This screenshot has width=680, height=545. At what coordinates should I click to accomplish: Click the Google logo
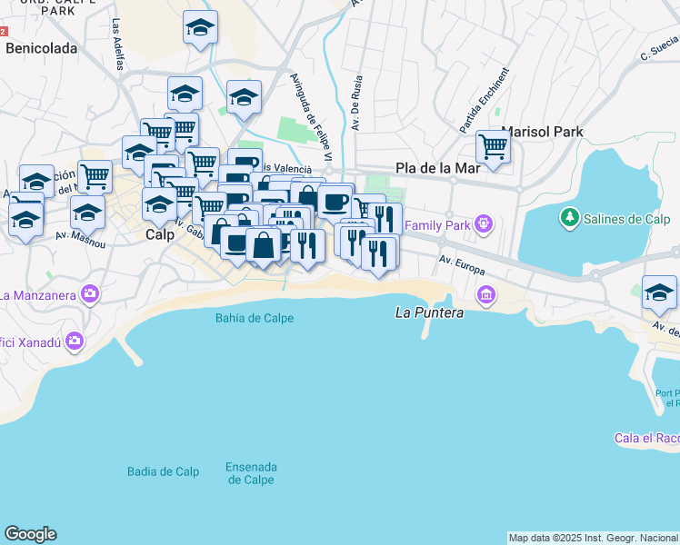coord(30,534)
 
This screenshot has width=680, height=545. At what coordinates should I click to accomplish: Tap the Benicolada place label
coord(41,49)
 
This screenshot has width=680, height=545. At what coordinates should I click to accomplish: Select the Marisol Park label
coord(542,132)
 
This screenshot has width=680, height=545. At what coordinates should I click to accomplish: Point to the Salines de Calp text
coord(627,219)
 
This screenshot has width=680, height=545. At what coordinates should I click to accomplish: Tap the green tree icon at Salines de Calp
coord(570,218)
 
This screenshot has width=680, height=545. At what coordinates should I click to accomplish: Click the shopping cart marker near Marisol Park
coord(493,145)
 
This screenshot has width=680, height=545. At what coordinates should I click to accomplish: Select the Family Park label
coord(437,224)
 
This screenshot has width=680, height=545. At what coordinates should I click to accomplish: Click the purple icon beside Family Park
coord(485,223)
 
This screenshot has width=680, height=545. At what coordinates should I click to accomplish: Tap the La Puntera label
coord(430,312)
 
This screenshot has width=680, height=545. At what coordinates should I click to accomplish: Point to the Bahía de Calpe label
coord(255,318)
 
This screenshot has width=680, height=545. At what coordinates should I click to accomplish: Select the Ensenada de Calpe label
coord(251,473)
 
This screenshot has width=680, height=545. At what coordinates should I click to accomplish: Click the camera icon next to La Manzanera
coord(89,293)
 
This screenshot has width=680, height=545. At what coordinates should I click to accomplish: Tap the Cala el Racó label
coord(646,438)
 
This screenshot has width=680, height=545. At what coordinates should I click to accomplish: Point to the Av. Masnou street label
coord(75,237)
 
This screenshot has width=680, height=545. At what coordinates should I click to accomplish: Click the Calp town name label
coord(160,233)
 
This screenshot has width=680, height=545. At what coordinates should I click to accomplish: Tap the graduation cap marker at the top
coord(199,29)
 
